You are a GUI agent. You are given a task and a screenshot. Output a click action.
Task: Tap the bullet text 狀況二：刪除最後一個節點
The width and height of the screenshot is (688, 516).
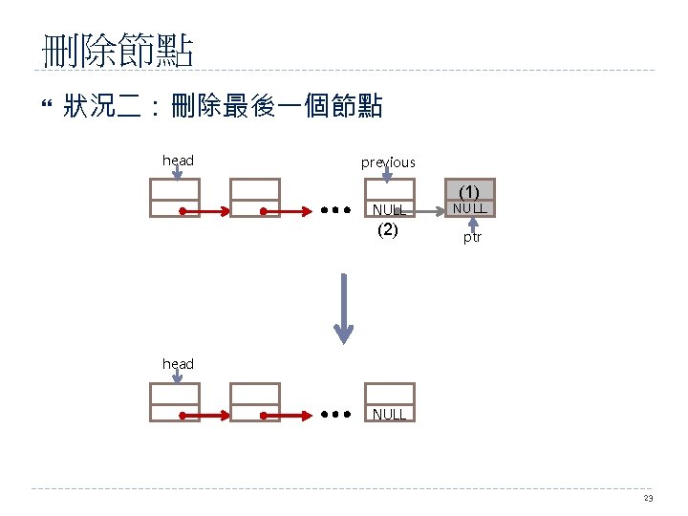click(223, 107)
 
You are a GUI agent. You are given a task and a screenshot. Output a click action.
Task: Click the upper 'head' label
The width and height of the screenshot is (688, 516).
click(178, 160)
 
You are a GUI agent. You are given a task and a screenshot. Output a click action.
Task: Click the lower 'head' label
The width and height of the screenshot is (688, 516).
click(178, 364)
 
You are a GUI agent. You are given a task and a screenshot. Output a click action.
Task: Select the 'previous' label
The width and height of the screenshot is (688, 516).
click(388, 162)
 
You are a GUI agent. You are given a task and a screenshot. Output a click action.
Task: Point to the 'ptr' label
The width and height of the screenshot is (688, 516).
click(472, 237)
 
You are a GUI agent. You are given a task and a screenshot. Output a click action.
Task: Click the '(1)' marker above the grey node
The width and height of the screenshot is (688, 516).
click(469, 191)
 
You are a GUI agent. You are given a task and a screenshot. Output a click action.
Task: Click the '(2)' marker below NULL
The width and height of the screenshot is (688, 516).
click(388, 229)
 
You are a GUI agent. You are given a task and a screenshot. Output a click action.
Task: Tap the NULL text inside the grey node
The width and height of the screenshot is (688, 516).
click(469, 207)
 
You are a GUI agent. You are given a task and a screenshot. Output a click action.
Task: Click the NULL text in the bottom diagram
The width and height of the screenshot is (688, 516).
click(390, 414)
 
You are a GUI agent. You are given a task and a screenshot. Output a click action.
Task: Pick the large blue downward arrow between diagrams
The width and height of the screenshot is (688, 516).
click(343, 307)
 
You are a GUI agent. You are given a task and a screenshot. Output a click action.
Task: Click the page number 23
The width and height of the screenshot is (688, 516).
click(649, 499)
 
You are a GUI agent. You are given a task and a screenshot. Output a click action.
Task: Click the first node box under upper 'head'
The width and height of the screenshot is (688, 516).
click(175, 198)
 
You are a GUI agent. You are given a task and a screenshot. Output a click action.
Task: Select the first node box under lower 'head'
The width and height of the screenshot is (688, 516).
click(175, 402)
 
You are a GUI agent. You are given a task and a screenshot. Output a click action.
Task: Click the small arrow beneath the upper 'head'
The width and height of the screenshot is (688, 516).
click(178, 175)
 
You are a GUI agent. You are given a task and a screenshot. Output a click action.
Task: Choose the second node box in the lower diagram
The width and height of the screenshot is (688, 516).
click(255, 402)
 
